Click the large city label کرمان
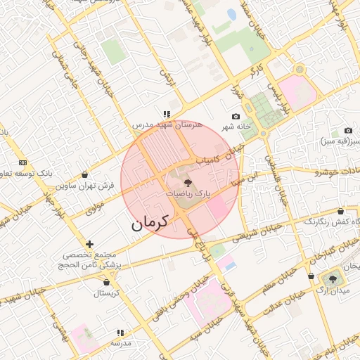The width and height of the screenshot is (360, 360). pyautogui.click(x=150, y=223)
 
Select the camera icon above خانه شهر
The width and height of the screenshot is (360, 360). pyautogui.click(x=236, y=117)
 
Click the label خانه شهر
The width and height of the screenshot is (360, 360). pyautogui.click(x=237, y=127)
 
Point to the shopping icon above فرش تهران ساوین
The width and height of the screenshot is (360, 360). pyautogui.click(x=85, y=175)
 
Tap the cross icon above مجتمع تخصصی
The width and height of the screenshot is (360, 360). pyautogui.click(x=89, y=243)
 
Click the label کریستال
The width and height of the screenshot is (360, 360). pyautogui.click(x=108, y=292)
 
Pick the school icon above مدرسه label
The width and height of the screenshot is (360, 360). pyautogui.click(x=121, y=333)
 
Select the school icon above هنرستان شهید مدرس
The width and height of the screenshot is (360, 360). pyautogui.click(x=167, y=113)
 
